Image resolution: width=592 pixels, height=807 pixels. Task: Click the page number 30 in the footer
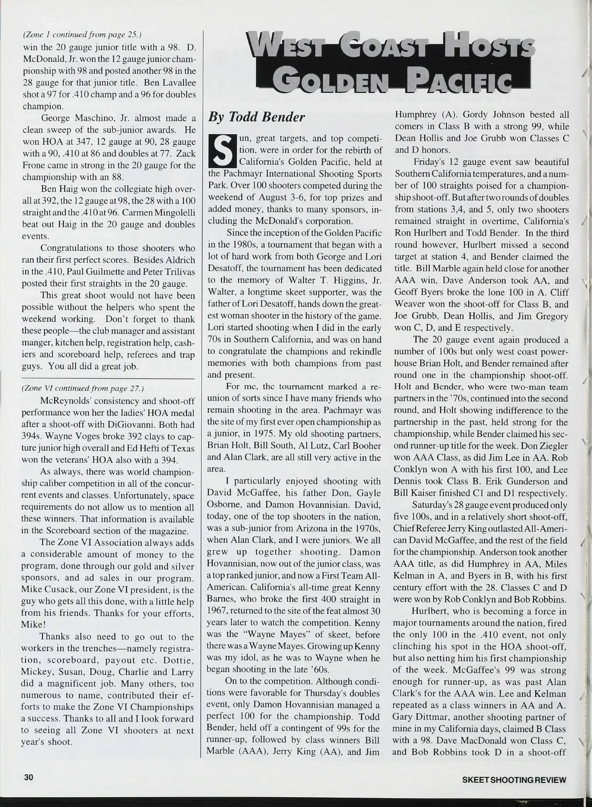pos(29,777)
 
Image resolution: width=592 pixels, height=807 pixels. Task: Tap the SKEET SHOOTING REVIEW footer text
pos(513,779)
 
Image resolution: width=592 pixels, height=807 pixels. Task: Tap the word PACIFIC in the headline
pos(461,78)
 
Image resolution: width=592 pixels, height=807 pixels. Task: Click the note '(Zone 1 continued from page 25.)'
pos(82,35)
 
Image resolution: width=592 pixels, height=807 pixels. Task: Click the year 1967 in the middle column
pos(217,611)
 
